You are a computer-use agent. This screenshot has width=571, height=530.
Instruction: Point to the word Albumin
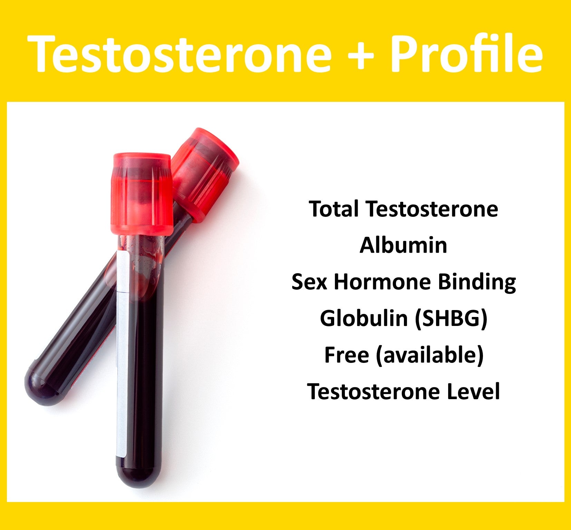pyautogui.click(x=403, y=245)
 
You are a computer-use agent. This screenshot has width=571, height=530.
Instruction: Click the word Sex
pyautogui.click(x=309, y=282)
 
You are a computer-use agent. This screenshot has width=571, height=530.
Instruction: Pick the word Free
pyautogui.click(x=346, y=355)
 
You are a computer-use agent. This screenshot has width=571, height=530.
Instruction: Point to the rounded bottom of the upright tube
pyautogui.click(x=138, y=473)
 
